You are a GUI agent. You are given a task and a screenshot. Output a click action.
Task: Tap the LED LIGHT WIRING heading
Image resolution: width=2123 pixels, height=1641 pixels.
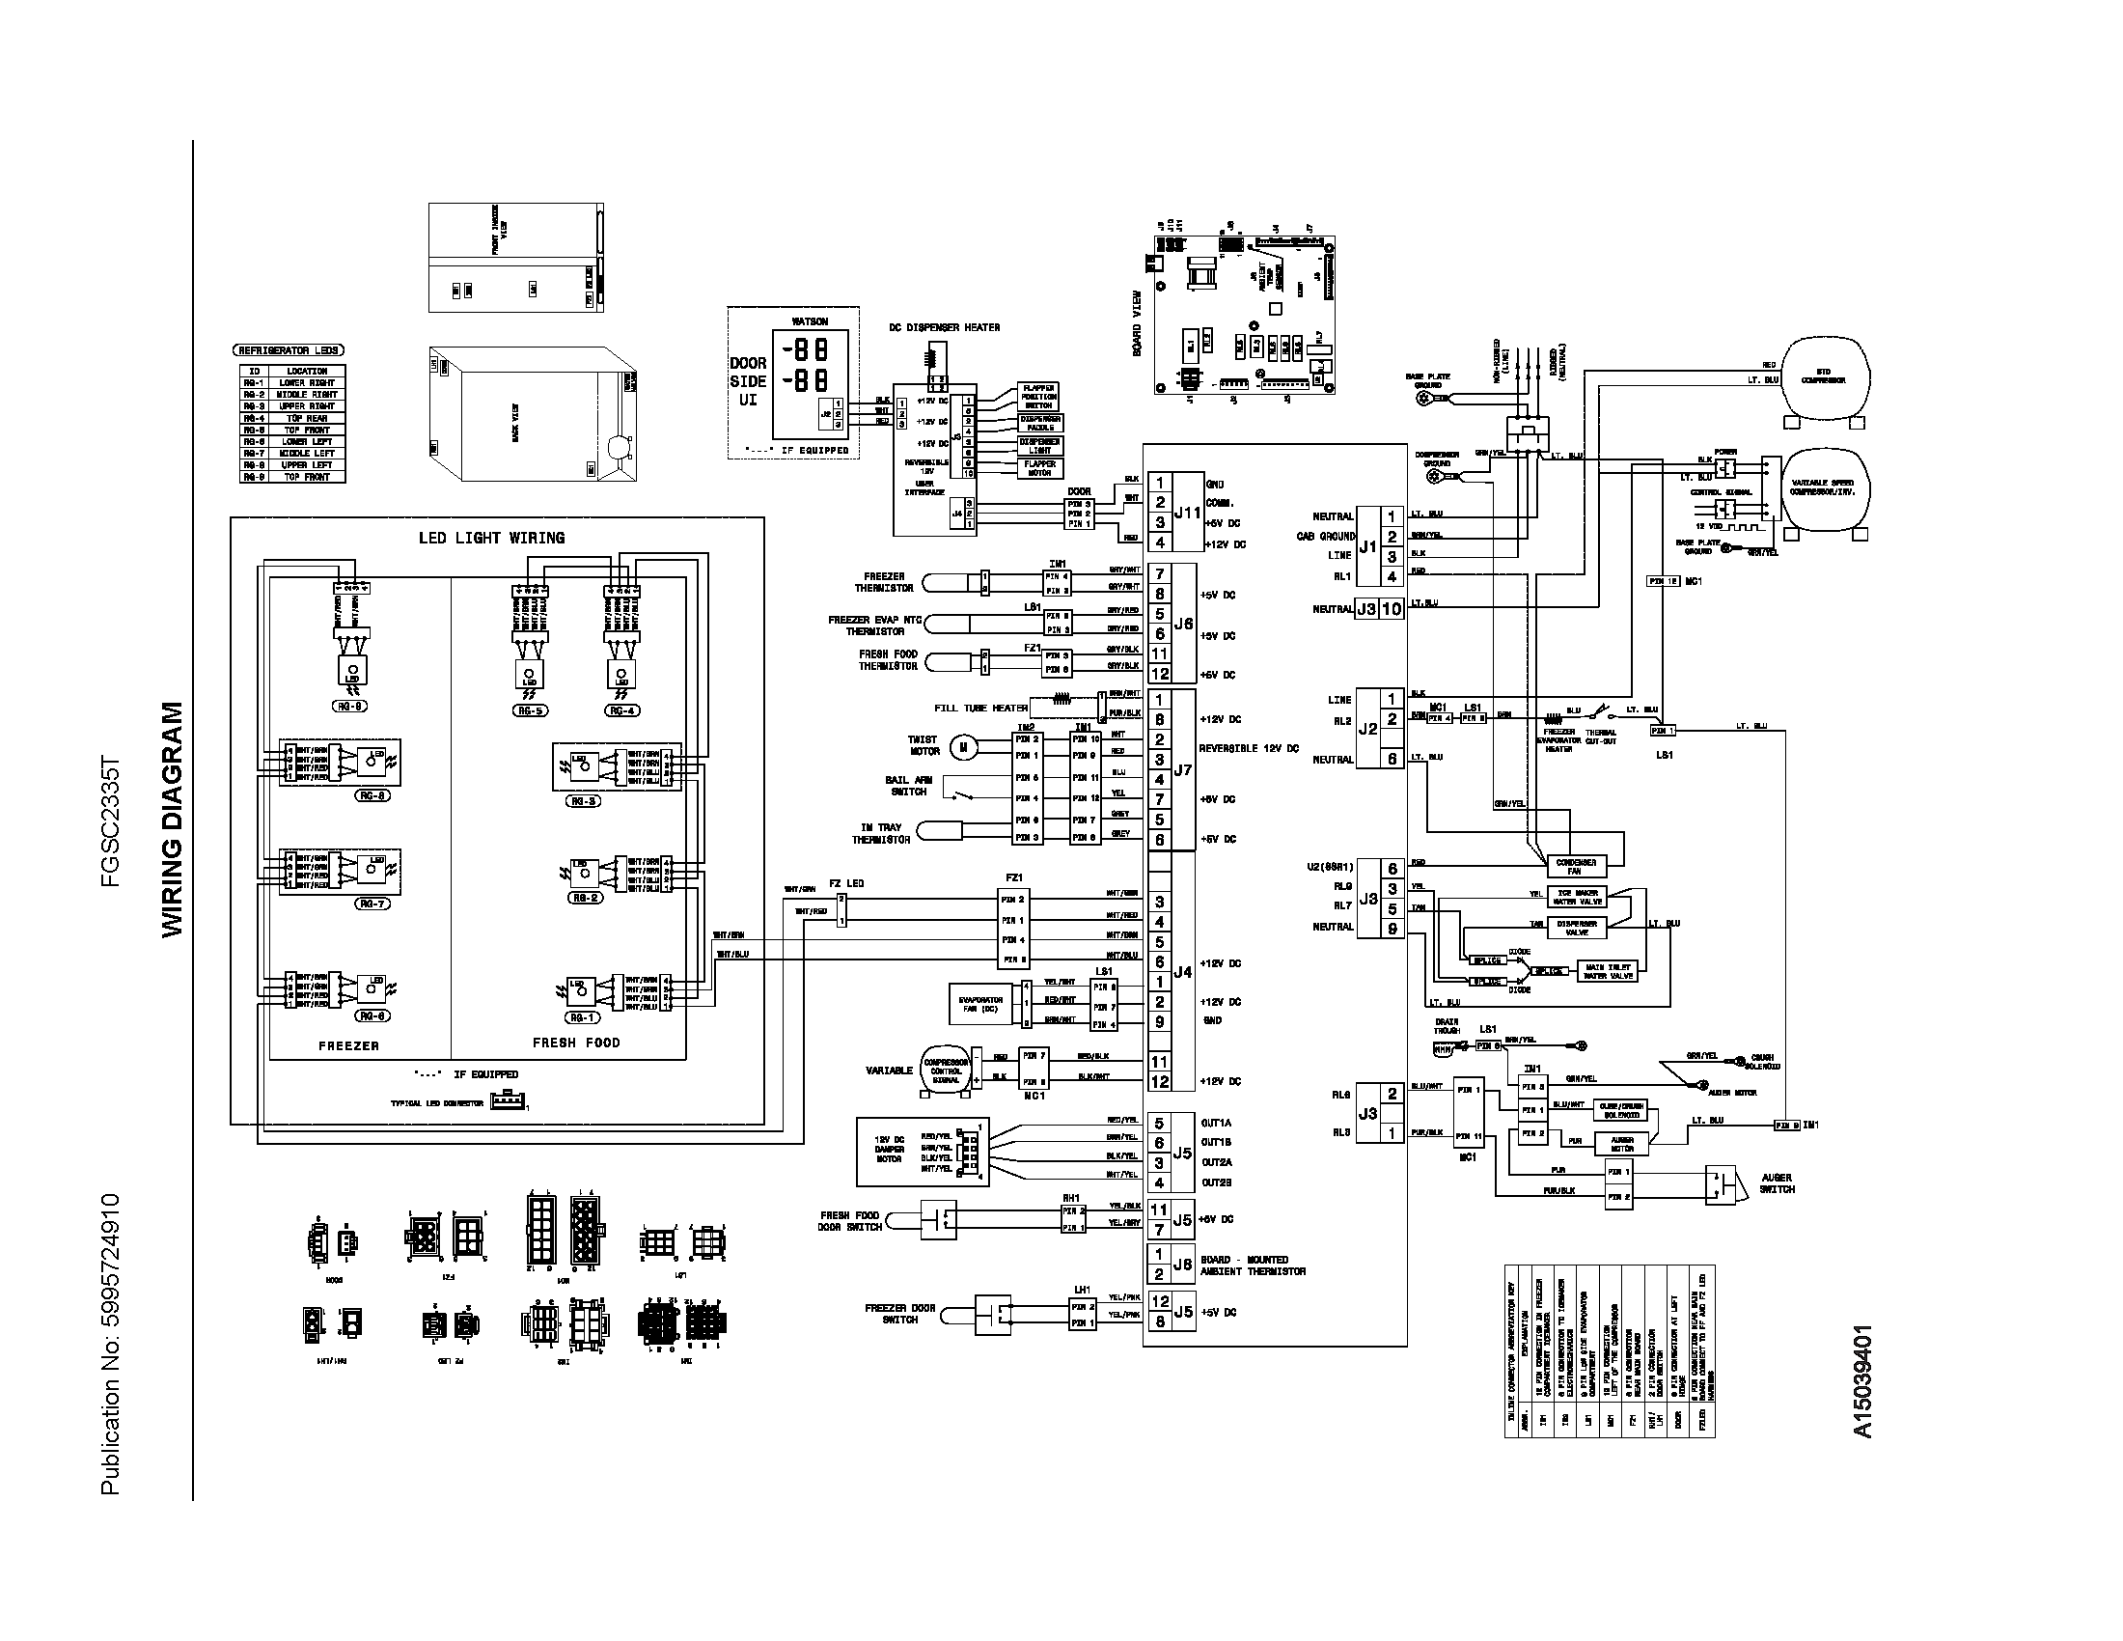pyautogui.click(x=491, y=538)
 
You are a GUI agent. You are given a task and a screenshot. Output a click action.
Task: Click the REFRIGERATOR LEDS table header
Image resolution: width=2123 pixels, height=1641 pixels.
pyautogui.click(x=289, y=350)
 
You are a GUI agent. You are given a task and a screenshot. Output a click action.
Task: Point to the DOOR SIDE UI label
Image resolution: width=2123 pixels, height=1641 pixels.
pyautogui.click(x=748, y=381)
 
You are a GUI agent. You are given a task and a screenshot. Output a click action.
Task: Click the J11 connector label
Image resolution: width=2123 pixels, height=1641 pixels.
pyautogui.click(x=1187, y=513)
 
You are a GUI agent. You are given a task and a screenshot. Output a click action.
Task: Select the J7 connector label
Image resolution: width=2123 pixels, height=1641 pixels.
pyautogui.click(x=1183, y=770)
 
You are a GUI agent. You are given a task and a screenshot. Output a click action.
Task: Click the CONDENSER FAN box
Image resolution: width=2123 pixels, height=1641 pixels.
pyautogui.click(x=1576, y=866)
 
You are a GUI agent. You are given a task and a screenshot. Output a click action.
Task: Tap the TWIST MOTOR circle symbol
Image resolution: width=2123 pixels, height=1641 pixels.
pyautogui.click(x=963, y=746)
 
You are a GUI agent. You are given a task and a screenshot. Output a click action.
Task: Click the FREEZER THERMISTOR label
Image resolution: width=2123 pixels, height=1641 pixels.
pyautogui.click(x=884, y=582)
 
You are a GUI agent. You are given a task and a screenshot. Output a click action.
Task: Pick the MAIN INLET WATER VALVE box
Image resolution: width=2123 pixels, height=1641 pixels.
pyautogui.click(x=1608, y=971)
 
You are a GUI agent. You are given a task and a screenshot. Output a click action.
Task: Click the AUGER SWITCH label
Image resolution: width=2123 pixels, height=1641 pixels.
pyautogui.click(x=1777, y=1183)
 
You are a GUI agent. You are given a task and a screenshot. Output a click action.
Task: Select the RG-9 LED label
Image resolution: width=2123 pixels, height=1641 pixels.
pyautogui.click(x=350, y=707)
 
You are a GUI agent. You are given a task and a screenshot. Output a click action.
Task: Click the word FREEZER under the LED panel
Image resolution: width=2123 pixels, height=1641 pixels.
pyautogui.click(x=348, y=1046)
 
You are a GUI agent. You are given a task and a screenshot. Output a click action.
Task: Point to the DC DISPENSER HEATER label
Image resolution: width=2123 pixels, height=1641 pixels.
pyautogui.click(x=944, y=327)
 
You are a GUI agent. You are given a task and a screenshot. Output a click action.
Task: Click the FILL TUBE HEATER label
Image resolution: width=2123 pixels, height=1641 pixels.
pyautogui.click(x=979, y=708)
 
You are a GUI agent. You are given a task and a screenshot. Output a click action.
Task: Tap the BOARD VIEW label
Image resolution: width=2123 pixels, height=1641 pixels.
pyautogui.click(x=1137, y=323)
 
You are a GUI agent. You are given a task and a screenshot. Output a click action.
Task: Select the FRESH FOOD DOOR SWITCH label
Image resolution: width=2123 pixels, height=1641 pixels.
pyautogui.click(x=850, y=1221)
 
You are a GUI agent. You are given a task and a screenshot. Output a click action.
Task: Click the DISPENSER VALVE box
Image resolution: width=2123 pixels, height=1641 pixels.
pyautogui.click(x=1577, y=928)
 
